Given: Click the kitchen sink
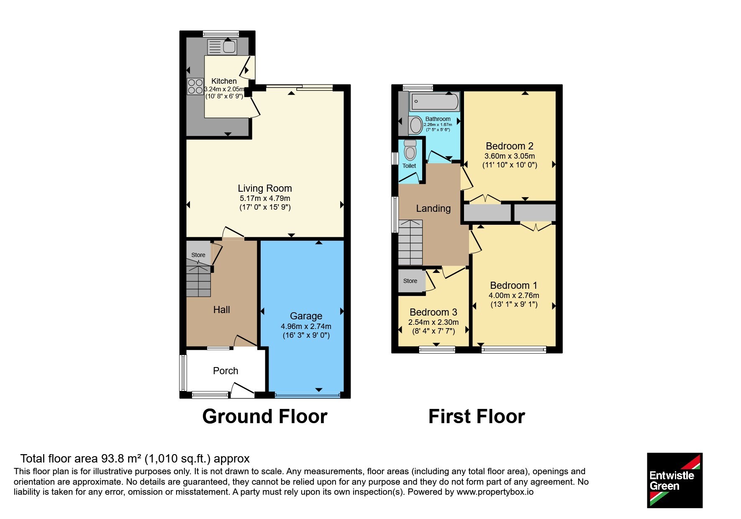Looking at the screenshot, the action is [222, 46].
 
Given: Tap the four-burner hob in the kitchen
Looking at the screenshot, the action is [195, 87].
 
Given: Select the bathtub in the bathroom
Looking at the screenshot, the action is [435, 102].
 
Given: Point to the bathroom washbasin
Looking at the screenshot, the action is [416, 125].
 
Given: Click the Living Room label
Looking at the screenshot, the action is [265, 188].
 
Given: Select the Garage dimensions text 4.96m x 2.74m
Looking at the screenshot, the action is [306, 326].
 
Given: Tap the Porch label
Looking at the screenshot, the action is [226, 371].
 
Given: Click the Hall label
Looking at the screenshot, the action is [221, 310].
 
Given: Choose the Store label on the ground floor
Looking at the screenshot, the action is [198, 255].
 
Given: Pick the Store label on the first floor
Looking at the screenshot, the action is [410, 281].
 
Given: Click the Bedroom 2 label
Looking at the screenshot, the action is [509, 146].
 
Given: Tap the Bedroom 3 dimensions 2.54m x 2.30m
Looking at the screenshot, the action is [433, 322].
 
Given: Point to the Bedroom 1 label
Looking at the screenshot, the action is [513, 285].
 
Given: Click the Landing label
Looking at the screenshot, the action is [433, 208].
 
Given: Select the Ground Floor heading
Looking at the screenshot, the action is [265, 416].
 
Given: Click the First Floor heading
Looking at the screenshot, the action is [477, 416].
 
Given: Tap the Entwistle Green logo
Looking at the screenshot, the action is [674, 480].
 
